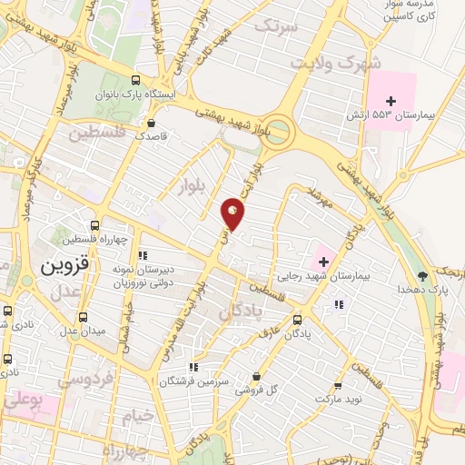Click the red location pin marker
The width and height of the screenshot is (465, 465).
[x=233, y=213]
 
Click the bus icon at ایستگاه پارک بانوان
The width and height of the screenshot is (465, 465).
[x=134, y=79]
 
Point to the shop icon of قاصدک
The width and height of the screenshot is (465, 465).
[x=151, y=123]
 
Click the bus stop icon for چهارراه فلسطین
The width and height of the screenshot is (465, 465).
[x=95, y=224]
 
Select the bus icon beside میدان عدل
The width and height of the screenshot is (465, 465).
[x=84, y=317]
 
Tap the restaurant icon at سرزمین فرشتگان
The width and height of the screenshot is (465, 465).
[x=193, y=367]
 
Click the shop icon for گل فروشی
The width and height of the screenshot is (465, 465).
[x=257, y=376]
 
